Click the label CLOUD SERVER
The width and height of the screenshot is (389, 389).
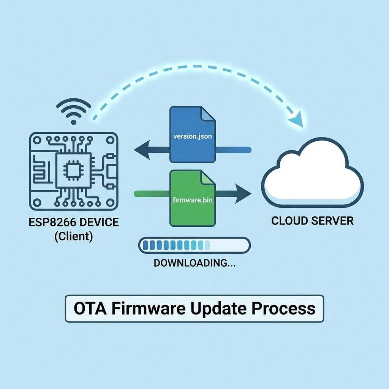tap(312, 221)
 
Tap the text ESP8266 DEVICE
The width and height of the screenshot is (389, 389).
tap(74, 222)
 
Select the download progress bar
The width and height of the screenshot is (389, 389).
tap(194, 245)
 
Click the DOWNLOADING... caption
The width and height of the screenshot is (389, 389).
tap(194, 263)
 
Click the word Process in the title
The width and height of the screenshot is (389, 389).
tap(285, 308)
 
